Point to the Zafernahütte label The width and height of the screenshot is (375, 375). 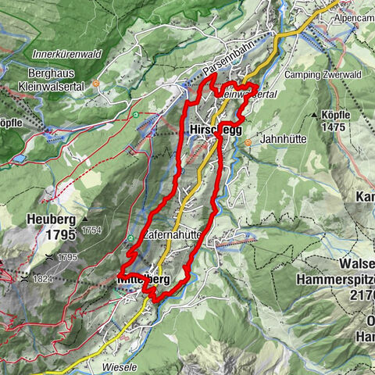click(173, 234)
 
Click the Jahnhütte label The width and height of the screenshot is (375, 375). click(280, 138)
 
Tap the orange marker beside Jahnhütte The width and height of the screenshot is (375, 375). click(248, 142)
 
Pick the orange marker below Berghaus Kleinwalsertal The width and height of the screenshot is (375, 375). click(95, 84)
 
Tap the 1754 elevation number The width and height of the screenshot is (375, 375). click(91, 230)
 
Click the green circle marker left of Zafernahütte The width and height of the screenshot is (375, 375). click(130, 238)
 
